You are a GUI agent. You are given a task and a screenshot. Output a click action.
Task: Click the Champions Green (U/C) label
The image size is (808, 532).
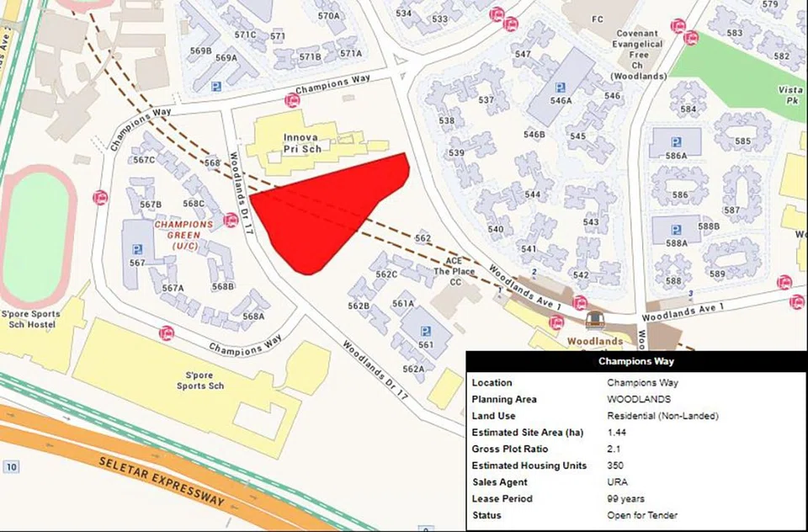click(183, 235)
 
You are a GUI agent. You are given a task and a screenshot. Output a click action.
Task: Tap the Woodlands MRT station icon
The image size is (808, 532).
click(593, 321)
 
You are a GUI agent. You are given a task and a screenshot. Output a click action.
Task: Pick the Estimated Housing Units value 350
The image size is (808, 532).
click(614, 465)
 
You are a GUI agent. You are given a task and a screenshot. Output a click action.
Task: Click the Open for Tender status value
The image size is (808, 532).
click(642, 514)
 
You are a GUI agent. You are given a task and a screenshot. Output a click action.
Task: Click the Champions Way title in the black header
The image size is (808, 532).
click(635, 362)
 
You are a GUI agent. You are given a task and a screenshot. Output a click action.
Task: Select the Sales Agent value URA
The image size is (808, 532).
click(617, 481)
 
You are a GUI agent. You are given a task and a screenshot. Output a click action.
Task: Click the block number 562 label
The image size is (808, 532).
click(423, 239)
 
